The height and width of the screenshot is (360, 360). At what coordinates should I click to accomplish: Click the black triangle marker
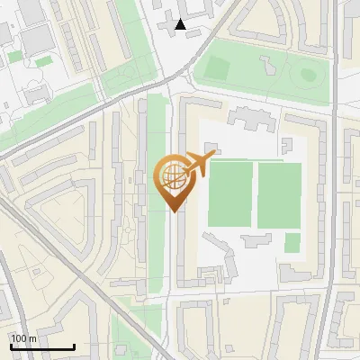pos(182,25)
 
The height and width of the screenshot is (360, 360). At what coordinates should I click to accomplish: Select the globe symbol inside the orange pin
pos(172,178)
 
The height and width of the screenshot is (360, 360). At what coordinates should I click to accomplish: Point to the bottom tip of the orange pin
pos(172,211)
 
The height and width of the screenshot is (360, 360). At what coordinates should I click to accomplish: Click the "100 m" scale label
pos(23,337)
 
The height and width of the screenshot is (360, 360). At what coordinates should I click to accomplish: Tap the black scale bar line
pos(41,346)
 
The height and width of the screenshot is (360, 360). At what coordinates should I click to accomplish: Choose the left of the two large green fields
pos(230,193)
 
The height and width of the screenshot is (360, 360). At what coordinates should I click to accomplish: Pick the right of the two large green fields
pos(279,195)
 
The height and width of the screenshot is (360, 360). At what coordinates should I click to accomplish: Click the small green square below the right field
pos(292,243)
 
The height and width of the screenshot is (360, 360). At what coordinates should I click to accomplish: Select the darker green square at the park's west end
pos(217,68)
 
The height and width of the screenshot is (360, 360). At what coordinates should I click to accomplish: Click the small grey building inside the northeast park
pos(266,66)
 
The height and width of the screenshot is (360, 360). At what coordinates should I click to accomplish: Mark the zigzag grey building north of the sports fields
pos(247,118)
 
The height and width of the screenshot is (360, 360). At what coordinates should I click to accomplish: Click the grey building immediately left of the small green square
pos(256,238)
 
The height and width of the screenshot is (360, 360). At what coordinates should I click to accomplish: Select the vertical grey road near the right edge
pos(335,180)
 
